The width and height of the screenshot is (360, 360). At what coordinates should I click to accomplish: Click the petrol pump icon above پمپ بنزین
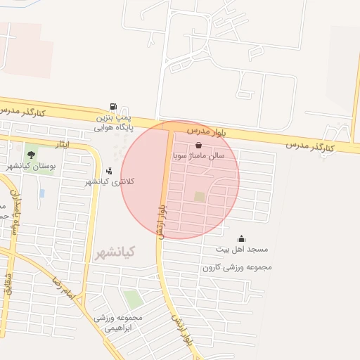tap(113, 107)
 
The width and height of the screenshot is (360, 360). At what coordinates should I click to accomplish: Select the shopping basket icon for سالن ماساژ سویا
tap(199, 145)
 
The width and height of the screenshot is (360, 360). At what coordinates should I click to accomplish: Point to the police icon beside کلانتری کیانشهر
tap(109, 170)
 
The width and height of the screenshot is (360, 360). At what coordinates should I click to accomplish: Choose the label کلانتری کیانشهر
tap(109, 181)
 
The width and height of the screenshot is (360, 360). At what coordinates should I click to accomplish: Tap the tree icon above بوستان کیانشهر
tap(30, 154)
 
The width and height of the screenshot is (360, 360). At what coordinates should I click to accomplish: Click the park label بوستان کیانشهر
tap(30, 165)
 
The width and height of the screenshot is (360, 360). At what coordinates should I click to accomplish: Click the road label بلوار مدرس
tap(209, 131)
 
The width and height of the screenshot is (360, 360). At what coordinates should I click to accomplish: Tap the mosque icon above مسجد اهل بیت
tap(241, 238)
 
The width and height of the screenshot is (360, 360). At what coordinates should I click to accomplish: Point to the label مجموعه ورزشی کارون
tap(237, 267)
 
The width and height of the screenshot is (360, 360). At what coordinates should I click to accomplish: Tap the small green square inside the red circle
tap(200, 197)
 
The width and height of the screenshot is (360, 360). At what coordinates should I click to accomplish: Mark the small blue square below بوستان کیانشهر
tap(42, 193)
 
